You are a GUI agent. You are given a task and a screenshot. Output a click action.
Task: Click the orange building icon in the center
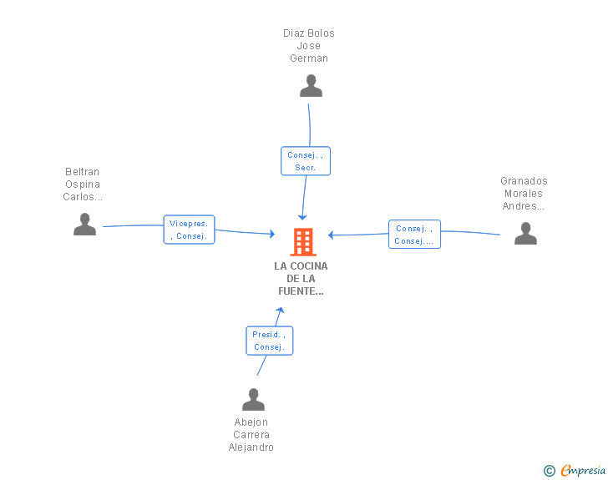pyautogui.click(x=303, y=242)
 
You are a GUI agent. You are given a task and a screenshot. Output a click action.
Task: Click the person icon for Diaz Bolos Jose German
pyautogui.click(x=311, y=86)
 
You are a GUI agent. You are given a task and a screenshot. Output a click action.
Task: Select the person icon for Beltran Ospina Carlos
pyautogui.click(x=84, y=224)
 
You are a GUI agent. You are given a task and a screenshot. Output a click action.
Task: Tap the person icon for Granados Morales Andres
pyautogui.click(x=525, y=234)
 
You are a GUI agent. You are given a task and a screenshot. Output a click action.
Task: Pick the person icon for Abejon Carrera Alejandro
pyautogui.click(x=253, y=399)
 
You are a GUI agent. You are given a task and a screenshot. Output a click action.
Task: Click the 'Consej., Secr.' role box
pyautogui.click(x=306, y=161)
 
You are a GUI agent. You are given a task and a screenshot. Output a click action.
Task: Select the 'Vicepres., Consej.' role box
pyautogui.click(x=189, y=230)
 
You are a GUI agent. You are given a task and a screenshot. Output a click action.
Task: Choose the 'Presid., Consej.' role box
pyautogui.click(x=270, y=341)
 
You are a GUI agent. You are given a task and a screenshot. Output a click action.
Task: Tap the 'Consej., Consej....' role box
pyautogui.click(x=414, y=235)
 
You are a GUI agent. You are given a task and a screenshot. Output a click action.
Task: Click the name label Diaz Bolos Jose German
pyautogui.click(x=309, y=46)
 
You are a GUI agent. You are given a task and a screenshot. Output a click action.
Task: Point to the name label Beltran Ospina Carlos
pyautogui.click(x=83, y=184)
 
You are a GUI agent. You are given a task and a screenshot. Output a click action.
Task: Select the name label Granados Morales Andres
pyautogui.click(x=524, y=194)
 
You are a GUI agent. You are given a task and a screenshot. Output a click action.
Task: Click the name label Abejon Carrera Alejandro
pyautogui.click(x=251, y=435)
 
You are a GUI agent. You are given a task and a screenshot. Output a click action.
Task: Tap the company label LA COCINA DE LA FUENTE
pyautogui.click(x=301, y=278)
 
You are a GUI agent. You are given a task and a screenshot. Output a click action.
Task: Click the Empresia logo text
pyautogui.click(x=583, y=470)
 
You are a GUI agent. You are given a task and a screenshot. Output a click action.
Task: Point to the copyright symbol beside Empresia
pyautogui.click(x=549, y=471)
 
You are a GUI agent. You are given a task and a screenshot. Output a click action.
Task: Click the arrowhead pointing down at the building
pyautogui.click(x=302, y=217)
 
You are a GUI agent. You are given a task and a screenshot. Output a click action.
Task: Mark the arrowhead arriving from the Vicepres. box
pyautogui.click(x=272, y=234)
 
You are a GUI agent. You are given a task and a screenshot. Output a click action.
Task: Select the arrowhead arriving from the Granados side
pyautogui.click(x=331, y=235)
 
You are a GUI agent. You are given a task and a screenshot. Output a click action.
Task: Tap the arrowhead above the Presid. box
pyautogui.click(x=281, y=310)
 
